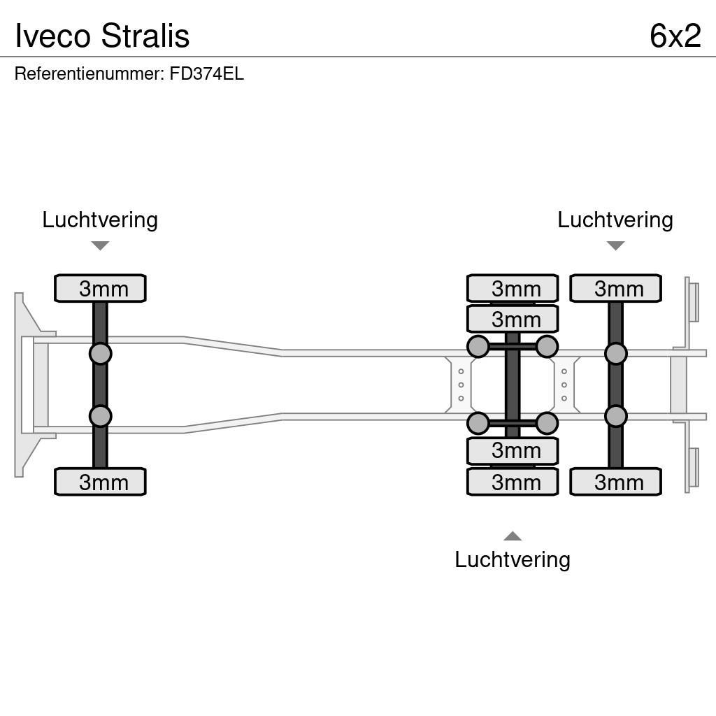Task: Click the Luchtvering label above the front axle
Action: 100,220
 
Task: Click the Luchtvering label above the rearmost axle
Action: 615,220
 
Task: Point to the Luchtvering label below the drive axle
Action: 512,559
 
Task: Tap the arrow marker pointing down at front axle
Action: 100,245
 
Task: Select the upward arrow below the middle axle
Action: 512,536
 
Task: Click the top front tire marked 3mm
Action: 100,288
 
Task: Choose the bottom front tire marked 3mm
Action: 100,482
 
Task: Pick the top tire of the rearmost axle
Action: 615,288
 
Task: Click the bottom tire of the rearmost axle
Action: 615,482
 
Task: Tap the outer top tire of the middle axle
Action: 513,287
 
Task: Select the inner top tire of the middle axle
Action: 513,319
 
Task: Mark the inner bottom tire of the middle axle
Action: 513,451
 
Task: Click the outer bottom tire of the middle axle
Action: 513,482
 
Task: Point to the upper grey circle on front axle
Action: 100,353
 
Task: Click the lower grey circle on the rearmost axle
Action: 615,417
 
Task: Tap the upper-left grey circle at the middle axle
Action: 478,346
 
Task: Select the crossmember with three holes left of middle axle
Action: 459,385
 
